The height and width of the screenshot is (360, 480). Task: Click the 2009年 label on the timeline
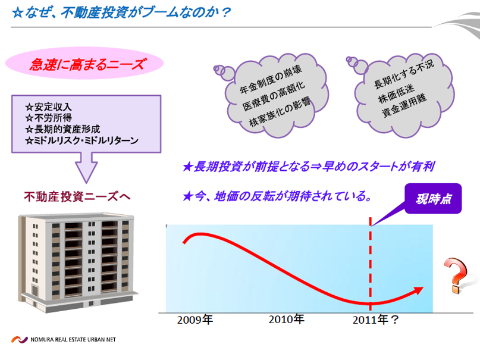pyautogui.click(x=195, y=320)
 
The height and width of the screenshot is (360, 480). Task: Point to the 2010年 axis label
pyautogui.click(x=287, y=320)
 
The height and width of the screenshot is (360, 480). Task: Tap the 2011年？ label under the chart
pyautogui.click(x=375, y=320)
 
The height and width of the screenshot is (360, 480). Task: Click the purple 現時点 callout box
pyautogui.click(x=433, y=199)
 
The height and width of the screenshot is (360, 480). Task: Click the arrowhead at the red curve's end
pyautogui.click(x=418, y=290)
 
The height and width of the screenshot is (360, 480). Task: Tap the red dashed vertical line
pyautogui.click(x=370, y=264)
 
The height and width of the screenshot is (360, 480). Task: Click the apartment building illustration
pyautogui.click(x=77, y=262)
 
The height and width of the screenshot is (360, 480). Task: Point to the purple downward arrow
pyautogui.click(x=86, y=167)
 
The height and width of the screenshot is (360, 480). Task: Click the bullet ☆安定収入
pyautogui.click(x=48, y=107)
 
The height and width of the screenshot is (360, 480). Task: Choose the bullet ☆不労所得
pyautogui.click(x=48, y=118)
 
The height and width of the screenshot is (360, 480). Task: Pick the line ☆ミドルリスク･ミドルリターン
pyautogui.click(x=81, y=140)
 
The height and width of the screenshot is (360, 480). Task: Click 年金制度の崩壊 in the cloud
pyautogui.click(x=271, y=79)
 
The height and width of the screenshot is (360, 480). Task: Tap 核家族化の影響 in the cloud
pyautogui.click(x=280, y=111)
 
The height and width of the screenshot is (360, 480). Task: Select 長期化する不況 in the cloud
pyautogui.click(x=404, y=74)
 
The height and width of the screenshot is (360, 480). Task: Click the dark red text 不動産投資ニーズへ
pyautogui.click(x=77, y=196)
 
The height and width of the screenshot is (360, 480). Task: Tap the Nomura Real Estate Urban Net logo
pyautogui.click(x=64, y=340)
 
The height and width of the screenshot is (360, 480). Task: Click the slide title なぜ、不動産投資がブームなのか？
pyautogui.click(x=121, y=12)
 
